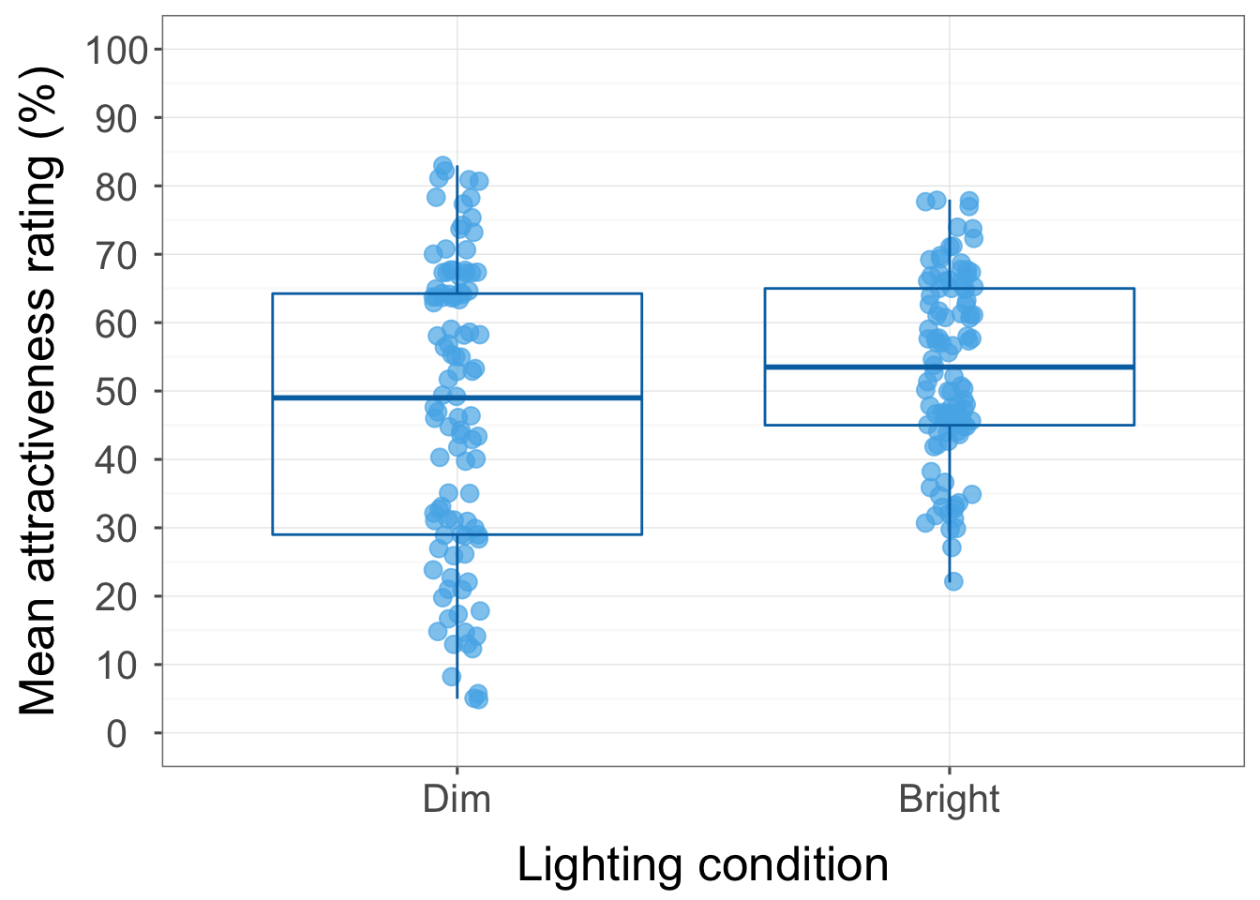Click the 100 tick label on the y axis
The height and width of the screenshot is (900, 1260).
[116, 50]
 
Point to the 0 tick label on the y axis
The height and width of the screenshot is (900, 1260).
[116, 734]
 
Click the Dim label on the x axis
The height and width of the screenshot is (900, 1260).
[457, 800]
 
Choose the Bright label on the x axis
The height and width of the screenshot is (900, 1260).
[949, 800]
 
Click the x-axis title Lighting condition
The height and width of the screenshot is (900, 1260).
[702, 864]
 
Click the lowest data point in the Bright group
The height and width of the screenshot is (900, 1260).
[953, 581]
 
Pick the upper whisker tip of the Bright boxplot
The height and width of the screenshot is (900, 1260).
[949, 201]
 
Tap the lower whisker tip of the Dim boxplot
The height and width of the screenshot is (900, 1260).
[457, 697]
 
